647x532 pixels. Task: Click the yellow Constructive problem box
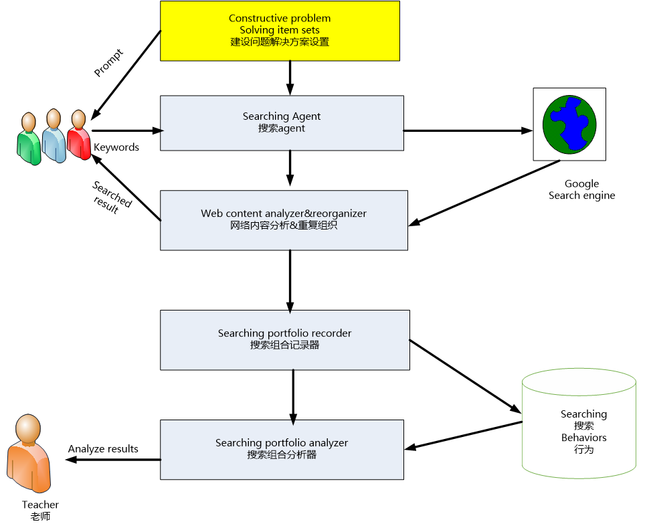[x=280, y=30]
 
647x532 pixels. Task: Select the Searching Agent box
[x=282, y=122]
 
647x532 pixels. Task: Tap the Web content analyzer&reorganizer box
[x=284, y=219]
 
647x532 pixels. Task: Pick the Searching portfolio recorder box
[x=284, y=339]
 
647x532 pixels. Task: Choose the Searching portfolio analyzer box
[x=282, y=449]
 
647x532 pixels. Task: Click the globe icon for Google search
[x=569, y=124]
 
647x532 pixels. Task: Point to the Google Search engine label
[x=581, y=189]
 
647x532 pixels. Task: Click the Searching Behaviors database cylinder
[x=578, y=427]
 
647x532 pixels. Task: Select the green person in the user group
[x=28, y=138]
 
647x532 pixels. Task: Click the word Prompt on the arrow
[x=108, y=62]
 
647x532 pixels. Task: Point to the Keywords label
[x=116, y=147]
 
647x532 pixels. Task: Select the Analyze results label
[x=103, y=448]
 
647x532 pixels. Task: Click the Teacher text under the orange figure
[x=40, y=505]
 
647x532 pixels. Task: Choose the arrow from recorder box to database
[x=464, y=375]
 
